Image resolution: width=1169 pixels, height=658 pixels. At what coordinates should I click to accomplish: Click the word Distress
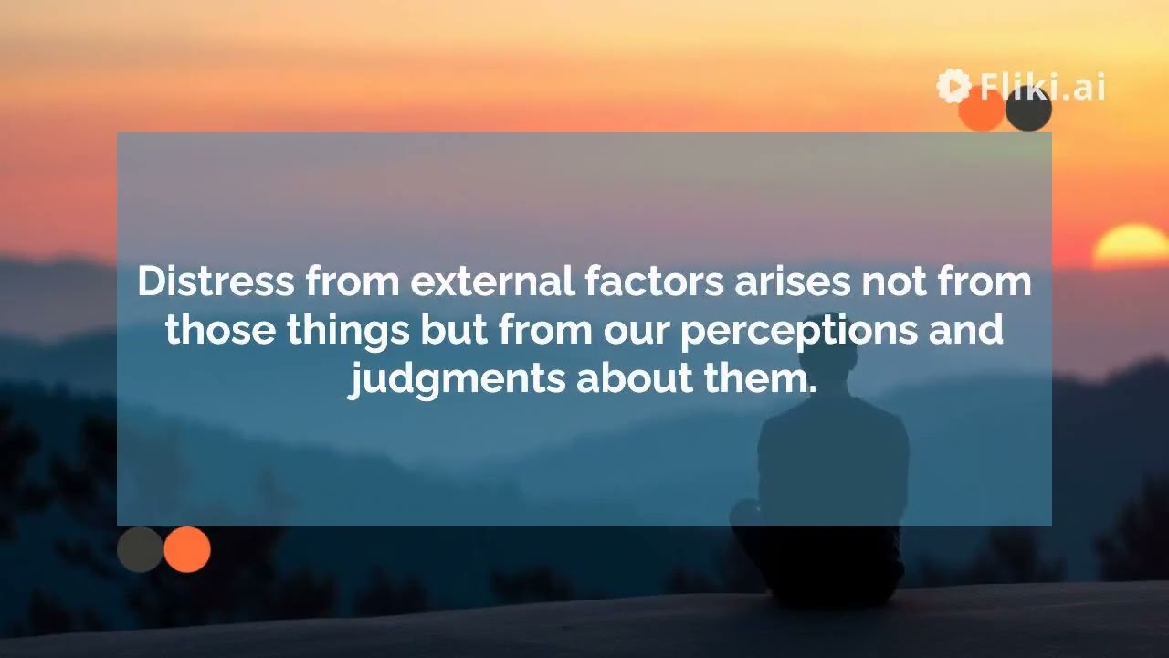coord(216,281)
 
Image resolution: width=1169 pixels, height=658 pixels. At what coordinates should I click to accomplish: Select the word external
coord(490,281)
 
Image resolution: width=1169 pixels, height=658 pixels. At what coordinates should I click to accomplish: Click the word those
coord(220,330)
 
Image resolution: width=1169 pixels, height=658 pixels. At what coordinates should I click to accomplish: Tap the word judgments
coord(457,378)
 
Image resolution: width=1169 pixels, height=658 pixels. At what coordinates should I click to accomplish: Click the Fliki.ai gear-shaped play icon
coord(953,86)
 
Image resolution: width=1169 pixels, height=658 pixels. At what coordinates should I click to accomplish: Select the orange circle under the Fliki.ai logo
coord(981,111)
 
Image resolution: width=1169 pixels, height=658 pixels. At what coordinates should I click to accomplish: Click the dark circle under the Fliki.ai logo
coord(1029,110)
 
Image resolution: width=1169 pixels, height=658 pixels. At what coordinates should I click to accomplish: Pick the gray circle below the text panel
coord(140,549)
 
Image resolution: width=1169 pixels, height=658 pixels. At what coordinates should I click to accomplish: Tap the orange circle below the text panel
coord(187,549)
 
